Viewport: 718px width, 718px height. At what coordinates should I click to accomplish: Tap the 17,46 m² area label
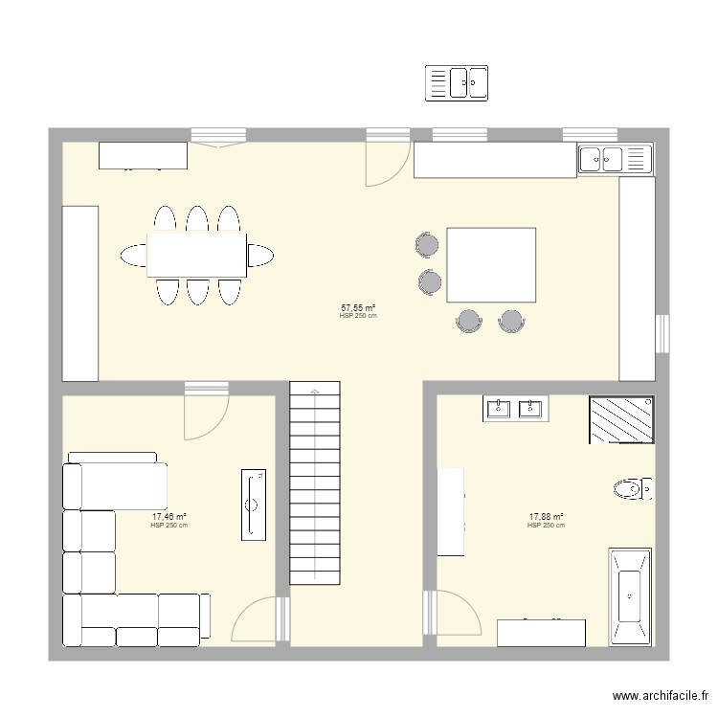pos(168,517)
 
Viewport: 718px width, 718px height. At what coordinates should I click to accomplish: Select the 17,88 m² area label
pos(546,517)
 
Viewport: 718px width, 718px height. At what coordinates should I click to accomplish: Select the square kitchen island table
pos(491,264)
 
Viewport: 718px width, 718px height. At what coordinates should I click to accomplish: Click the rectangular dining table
pos(196,255)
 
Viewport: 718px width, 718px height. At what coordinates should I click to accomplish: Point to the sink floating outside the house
pos(457,82)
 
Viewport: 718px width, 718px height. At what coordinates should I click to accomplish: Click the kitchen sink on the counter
pos(614,159)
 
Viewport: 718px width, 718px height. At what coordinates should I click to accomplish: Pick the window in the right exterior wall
pos(662,333)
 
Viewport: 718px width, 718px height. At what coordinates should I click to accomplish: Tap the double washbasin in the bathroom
pos(515,409)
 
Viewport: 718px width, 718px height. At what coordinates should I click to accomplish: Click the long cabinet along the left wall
pos(79,292)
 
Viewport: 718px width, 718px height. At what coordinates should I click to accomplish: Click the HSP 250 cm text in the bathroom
pos(546,526)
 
